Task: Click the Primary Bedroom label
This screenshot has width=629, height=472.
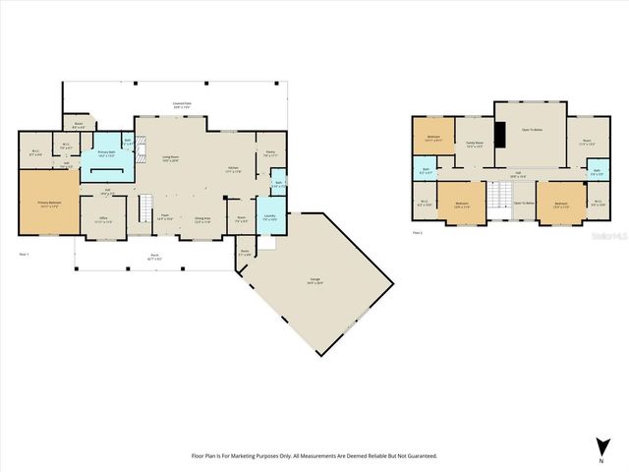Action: (48, 205)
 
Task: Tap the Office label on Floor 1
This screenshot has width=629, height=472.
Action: (101, 221)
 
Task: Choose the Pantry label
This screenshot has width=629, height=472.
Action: (270, 152)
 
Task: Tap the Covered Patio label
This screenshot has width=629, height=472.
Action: (182, 104)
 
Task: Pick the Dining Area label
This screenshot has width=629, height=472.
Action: (201, 219)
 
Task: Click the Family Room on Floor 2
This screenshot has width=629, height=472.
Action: (474, 146)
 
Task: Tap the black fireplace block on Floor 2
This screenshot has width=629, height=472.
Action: (499, 134)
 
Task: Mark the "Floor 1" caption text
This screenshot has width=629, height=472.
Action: (25, 255)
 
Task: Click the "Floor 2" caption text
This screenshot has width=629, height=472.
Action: (418, 233)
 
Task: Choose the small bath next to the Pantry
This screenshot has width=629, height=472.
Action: (279, 184)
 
